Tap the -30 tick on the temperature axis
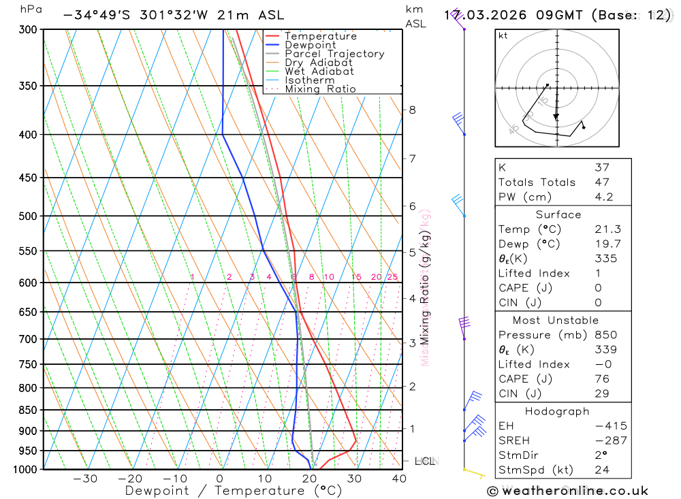[85, 479]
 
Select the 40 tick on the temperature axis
[399, 479]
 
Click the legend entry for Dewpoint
[310, 45]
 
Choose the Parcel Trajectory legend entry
[334, 54]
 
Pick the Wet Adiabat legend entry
[319, 71]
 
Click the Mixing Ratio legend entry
[320, 89]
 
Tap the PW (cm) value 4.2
[603, 197]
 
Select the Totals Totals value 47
[601, 182]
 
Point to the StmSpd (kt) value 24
[601, 470]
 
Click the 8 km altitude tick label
[412, 110]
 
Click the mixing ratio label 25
[392, 277]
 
